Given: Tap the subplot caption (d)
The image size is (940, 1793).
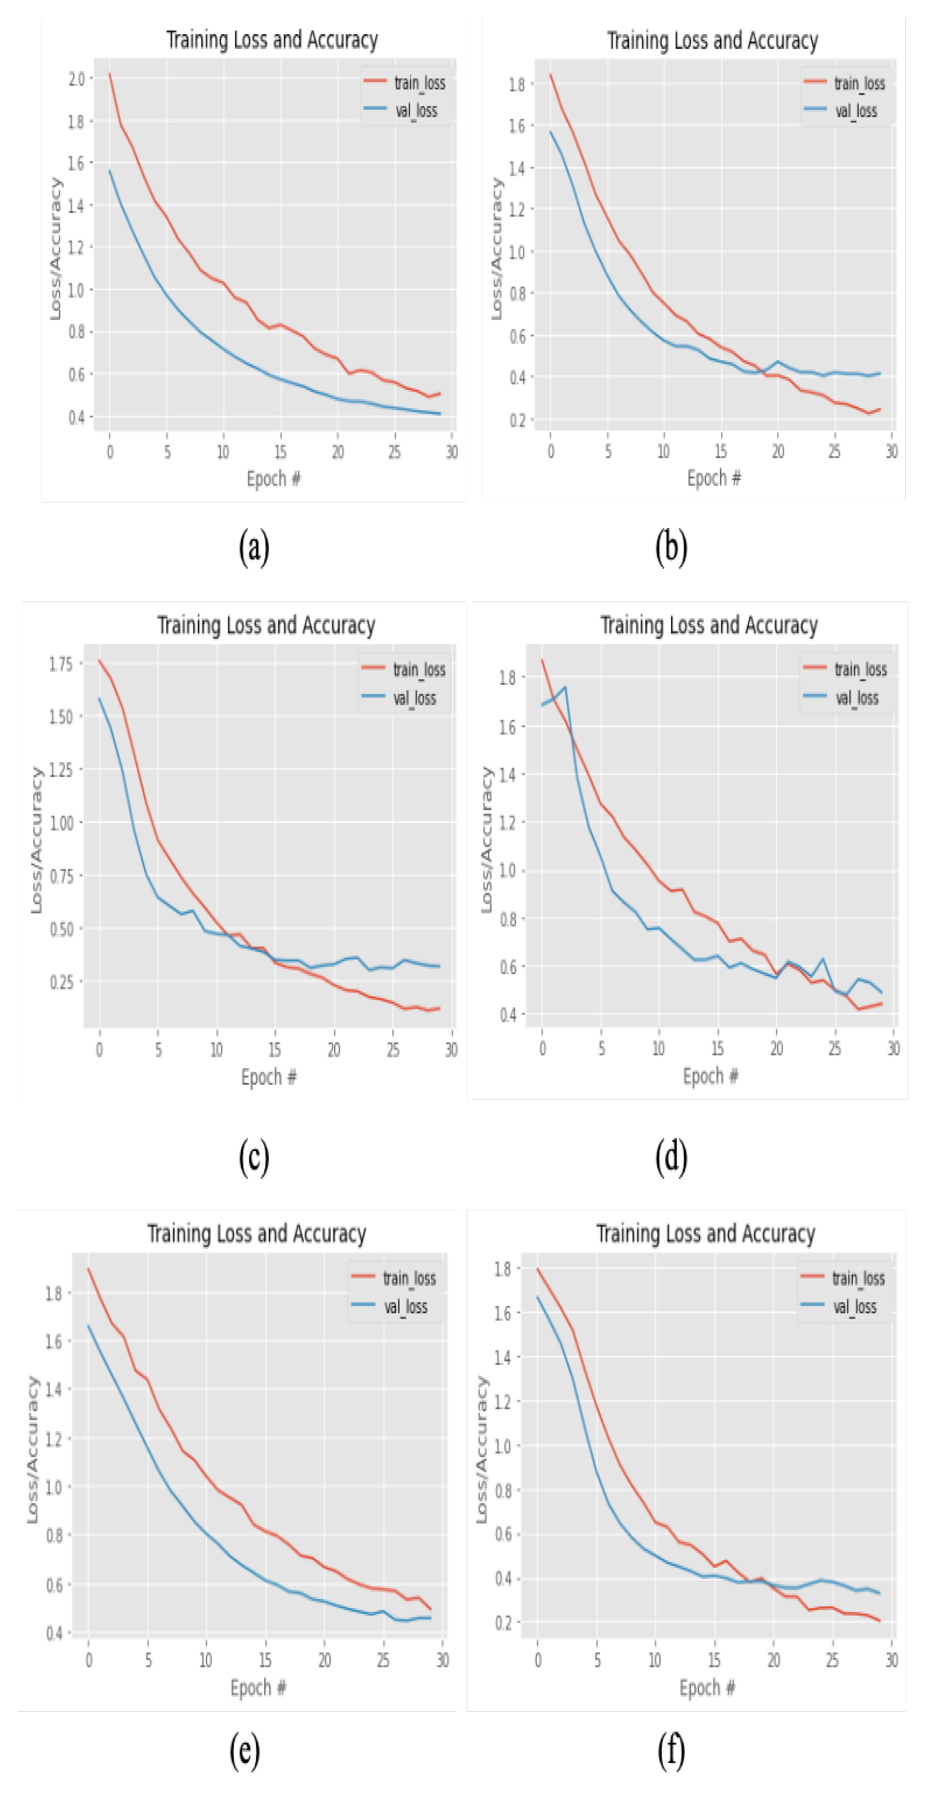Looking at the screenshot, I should click(671, 1157).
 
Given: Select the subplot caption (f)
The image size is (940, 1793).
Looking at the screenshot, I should click(671, 1751).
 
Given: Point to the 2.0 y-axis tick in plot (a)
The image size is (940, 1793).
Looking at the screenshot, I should click(76, 79).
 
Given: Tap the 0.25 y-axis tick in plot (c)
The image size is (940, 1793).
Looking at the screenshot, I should click(60, 981).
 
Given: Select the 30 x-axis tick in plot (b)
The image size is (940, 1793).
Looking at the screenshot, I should click(891, 452).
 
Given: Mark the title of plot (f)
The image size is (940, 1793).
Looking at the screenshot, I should click(705, 1233).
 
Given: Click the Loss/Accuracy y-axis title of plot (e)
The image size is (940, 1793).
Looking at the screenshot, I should click(32, 1449).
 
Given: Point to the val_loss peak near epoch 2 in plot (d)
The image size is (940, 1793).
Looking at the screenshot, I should click(565, 687).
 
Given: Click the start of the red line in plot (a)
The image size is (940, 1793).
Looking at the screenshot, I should click(109, 74).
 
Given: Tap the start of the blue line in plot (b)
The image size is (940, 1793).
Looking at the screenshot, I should click(550, 132).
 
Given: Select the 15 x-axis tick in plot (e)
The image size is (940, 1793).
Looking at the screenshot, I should click(265, 1660).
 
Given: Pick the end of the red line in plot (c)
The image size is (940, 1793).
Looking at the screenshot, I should click(439, 1008).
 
